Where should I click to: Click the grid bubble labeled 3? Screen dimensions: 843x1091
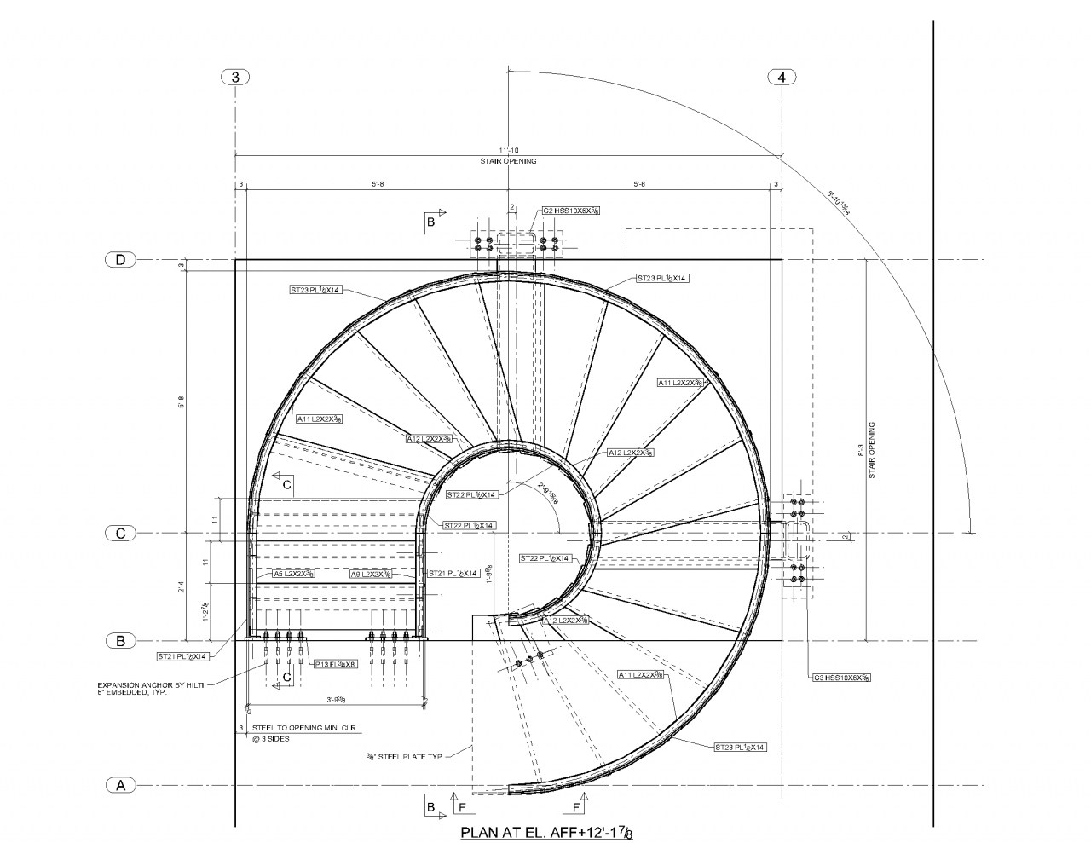(235, 77)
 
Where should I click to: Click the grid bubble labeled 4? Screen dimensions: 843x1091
(782, 77)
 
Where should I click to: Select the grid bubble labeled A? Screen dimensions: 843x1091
(120, 785)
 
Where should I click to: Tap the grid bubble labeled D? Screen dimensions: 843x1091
(120, 259)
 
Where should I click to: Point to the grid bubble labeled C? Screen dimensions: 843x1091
(120, 534)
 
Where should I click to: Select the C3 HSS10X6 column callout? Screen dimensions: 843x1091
(840, 678)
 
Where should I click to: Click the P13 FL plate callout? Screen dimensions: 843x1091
(335, 664)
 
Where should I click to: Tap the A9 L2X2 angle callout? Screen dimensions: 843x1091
(371, 575)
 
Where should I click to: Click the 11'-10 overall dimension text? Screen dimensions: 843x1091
(508, 150)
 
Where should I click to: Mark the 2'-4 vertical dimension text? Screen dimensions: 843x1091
(181, 587)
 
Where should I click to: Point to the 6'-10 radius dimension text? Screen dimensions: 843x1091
(839, 205)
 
